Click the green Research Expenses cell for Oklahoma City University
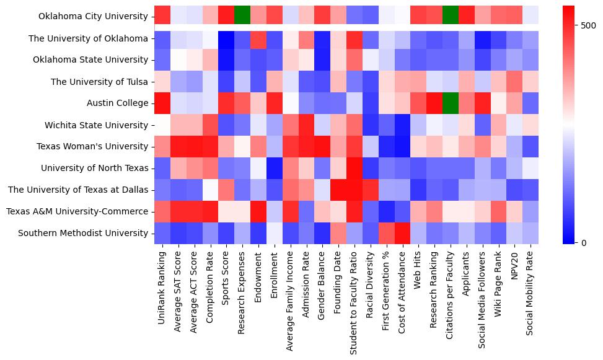click(242, 17)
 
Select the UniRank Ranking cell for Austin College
click(162, 103)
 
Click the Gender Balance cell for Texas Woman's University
click(322, 147)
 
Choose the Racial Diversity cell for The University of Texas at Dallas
click(371, 190)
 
